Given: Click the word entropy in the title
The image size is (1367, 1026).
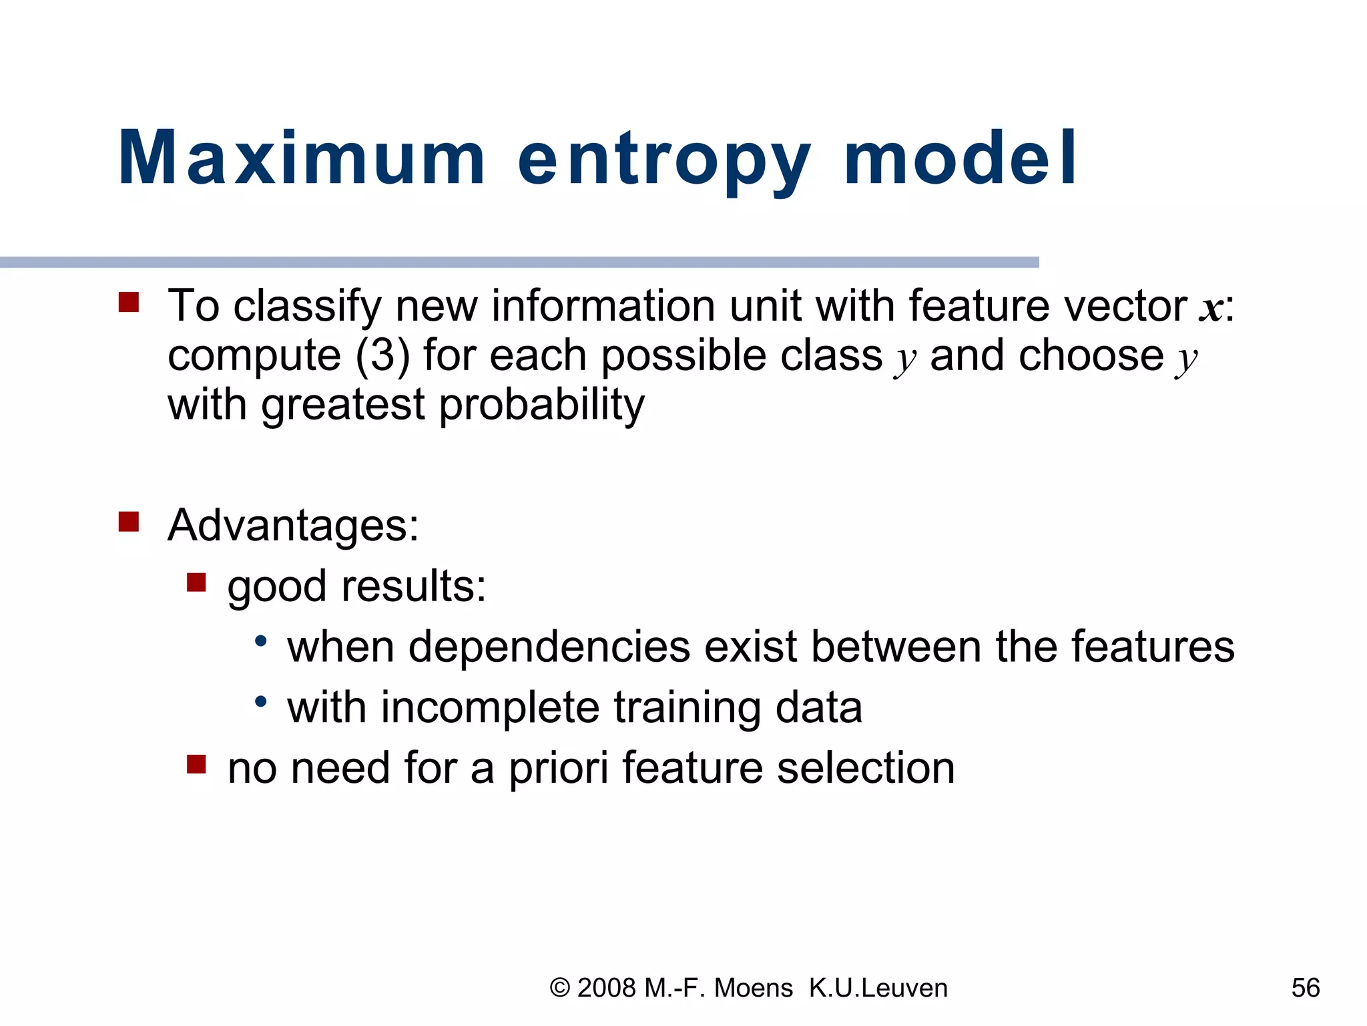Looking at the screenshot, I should click(x=664, y=160).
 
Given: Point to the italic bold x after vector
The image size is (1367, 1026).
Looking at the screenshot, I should click(x=1211, y=309).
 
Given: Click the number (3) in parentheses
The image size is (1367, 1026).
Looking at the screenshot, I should click(x=382, y=355).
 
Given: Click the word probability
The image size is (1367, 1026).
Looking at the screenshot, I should click(x=541, y=405).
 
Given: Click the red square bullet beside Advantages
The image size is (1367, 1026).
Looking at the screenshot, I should click(x=128, y=521).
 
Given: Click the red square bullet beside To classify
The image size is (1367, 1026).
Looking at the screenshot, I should click(x=128, y=302).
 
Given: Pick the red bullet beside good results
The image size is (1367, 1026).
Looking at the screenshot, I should click(x=196, y=582).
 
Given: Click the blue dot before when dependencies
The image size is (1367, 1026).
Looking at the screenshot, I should click(x=261, y=641).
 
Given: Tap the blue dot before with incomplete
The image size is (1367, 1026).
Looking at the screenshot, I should click(x=261, y=701).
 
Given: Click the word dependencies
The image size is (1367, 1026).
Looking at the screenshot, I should click(x=549, y=648).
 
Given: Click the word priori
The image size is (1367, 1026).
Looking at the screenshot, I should click(x=558, y=768).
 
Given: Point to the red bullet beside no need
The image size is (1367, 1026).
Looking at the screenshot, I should click(x=196, y=763).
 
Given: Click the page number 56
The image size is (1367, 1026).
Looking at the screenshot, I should click(x=1305, y=988).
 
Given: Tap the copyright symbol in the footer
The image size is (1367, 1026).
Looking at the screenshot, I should click(x=559, y=988).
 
